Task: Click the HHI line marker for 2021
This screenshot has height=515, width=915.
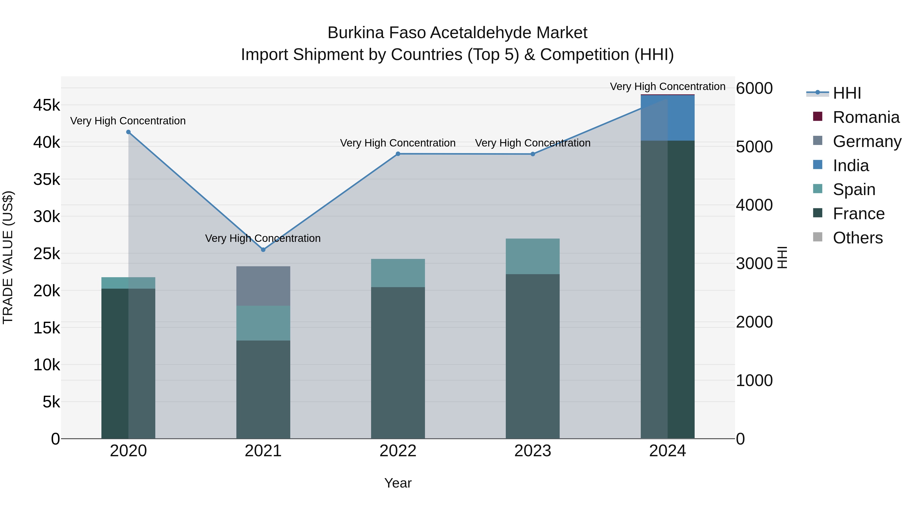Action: [x=263, y=249]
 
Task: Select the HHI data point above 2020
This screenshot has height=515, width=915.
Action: [x=128, y=132]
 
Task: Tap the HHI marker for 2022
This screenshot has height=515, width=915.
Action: [x=398, y=154]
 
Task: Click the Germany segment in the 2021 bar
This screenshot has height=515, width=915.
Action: [x=263, y=286]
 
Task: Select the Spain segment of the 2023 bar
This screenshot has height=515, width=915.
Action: [x=532, y=256]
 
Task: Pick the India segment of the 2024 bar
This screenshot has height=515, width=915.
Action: [x=667, y=118]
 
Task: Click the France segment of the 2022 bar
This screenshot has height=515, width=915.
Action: [x=398, y=362]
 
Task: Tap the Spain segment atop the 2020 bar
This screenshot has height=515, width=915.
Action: [x=128, y=283]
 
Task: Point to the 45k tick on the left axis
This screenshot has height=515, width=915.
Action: [x=47, y=105]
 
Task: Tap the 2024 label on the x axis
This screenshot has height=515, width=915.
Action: [x=667, y=451]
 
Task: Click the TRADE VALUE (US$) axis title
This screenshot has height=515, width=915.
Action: [x=8, y=257]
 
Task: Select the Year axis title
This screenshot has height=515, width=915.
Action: [x=398, y=483]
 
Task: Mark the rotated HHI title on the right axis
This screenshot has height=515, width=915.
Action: [x=782, y=257]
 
